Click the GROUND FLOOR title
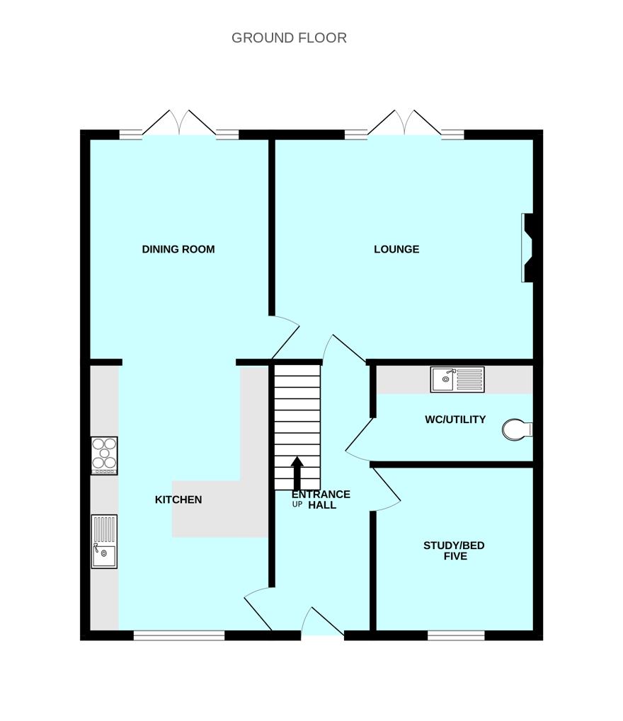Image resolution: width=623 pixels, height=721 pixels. point(289,38)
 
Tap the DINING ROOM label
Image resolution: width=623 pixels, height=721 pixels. point(178,249)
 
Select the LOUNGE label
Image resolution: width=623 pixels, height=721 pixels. point(396,249)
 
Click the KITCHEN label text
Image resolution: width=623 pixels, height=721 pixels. point(178,500)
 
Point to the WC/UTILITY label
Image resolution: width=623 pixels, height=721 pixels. point(455,420)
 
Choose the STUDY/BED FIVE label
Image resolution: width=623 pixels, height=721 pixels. point(454,550)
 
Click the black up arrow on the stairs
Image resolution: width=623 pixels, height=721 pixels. point(297,473)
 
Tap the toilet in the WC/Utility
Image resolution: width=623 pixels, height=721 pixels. point(517,429)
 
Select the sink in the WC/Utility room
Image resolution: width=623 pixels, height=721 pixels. point(457,379)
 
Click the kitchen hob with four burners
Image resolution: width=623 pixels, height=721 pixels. point(105,456)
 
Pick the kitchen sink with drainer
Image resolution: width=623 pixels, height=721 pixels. point(105,541)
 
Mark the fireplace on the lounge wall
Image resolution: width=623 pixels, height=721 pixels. point(527,248)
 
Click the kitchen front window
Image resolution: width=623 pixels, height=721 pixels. point(179,635)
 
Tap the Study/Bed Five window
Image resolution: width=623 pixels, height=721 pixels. point(456,635)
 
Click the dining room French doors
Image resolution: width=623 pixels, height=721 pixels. point(179,123)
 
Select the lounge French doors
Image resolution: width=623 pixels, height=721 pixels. point(404,123)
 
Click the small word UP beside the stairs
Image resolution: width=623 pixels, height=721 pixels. point(297,504)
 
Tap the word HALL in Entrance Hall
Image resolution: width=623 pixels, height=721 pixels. point(322,505)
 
